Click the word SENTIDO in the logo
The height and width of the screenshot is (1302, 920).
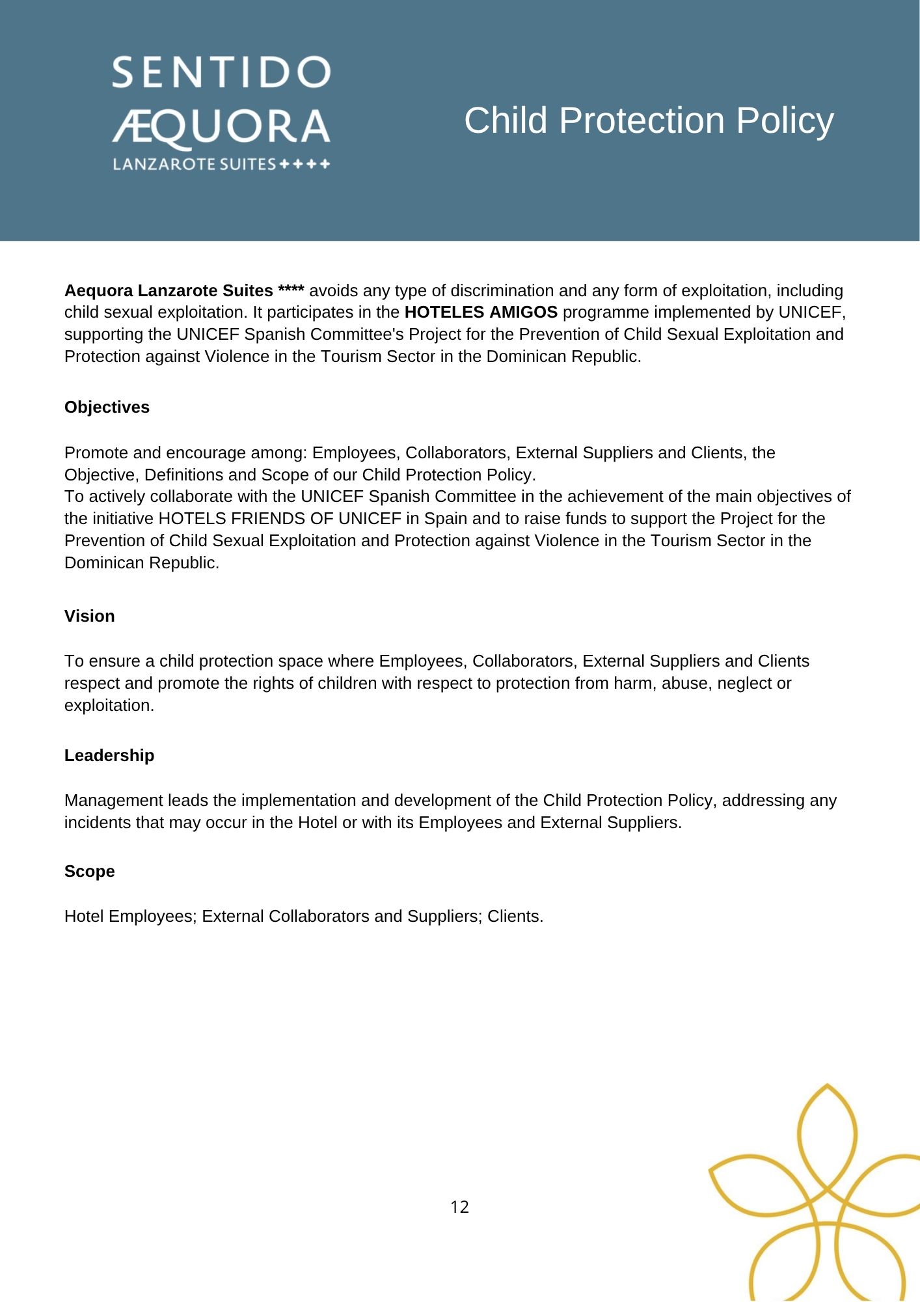221,72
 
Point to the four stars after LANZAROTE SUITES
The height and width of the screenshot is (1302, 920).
304,164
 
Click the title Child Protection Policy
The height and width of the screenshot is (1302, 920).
649,120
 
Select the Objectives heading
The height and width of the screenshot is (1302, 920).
107,407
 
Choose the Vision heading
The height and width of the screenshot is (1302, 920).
89,616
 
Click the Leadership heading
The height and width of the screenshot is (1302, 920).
109,755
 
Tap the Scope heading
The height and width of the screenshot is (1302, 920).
89,871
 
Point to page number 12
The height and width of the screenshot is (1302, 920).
459,1207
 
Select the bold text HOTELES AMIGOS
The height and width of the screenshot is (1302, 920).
481,312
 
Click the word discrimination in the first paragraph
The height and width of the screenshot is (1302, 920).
502,290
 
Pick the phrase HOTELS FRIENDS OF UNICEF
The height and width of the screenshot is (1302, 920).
280,519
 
